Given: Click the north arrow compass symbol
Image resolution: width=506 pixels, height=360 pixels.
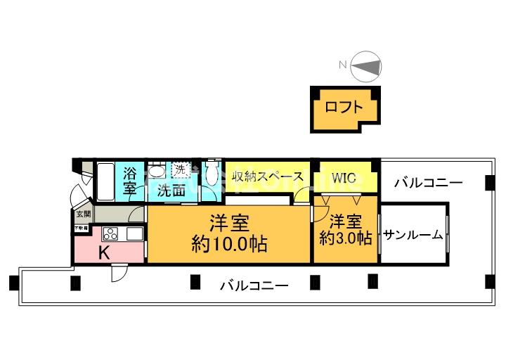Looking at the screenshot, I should click(366, 67).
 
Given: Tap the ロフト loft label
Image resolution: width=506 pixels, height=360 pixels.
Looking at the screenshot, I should click(344, 108).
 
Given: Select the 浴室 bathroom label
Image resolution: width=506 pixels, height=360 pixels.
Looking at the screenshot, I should click(130, 181).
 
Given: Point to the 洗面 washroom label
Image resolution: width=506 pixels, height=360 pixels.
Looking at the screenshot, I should click(171, 190).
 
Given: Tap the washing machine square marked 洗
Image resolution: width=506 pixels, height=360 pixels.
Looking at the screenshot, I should click(181, 169).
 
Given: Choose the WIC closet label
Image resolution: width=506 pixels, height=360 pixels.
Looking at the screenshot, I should click(344, 177).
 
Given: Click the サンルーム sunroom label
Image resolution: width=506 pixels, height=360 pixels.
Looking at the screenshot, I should click(413, 235).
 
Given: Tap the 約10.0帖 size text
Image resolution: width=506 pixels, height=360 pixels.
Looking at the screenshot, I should click(230, 245).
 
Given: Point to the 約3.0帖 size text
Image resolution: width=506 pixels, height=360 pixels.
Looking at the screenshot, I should click(345, 238).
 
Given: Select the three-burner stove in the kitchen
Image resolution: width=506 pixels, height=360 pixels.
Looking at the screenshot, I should click(111, 234).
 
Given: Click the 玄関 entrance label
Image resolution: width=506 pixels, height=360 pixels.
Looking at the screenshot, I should click(83, 213).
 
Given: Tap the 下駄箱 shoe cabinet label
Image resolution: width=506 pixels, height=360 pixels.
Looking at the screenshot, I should click(82, 229).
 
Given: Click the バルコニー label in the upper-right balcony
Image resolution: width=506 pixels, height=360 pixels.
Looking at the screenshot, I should click(428, 183).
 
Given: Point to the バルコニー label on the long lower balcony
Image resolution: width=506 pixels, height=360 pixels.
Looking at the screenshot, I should click(254, 285).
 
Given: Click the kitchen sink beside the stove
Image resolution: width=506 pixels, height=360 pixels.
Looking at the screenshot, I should click(134, 233).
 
